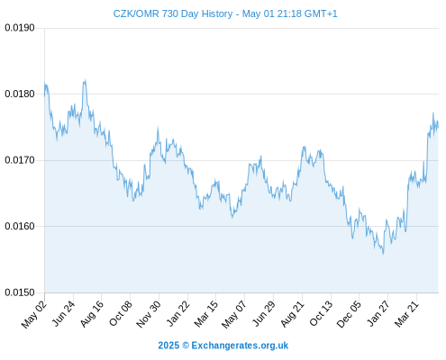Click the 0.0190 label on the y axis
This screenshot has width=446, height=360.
pyautogui.click(x=20, y=28)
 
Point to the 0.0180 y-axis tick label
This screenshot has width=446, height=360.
pyautogui.click(x=20, y=94)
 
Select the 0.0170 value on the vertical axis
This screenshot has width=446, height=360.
pyautogui.click(x=20, y=160)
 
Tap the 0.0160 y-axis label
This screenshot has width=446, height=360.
pyautogui.click(x=20, y=226)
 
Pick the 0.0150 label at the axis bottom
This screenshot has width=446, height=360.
pyautogui.click(x=20, y=292)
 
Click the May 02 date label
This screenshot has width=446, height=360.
pyautogui.click(x=34, y=314)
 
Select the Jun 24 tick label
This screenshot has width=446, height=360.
pyautogui.click(x=63, y=313)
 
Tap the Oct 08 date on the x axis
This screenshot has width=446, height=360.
pyautogui.click(x=120, y=313)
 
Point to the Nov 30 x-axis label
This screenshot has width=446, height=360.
pyautogui.click(x=149, y=314)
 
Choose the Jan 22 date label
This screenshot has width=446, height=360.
pyautogui.click(x=177, y=313)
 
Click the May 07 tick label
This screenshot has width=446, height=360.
pyautogui.click(x=234, y=314)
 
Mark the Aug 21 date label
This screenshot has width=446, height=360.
pyautogui.click(x=292, y=313)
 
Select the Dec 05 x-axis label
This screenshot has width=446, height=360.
pyautogui.click(x=349, y=314)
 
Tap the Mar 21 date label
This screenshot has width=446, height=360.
pyautogui.click(x=406, y=313)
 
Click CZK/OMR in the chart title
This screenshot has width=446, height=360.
pyautogui.click(x=136, y=13)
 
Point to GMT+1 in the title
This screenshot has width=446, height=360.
pyautogui.click(x=321, y=13)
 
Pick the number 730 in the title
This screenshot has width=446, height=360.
pyautogui.click(x=170, y=13)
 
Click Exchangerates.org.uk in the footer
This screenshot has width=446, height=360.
pyautogui.click(x=240, y=346)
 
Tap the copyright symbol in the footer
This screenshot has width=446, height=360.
pyautogui.click(x=186, y=346)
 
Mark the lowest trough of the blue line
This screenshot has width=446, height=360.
pyautogui.click(x=383, y=254)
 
